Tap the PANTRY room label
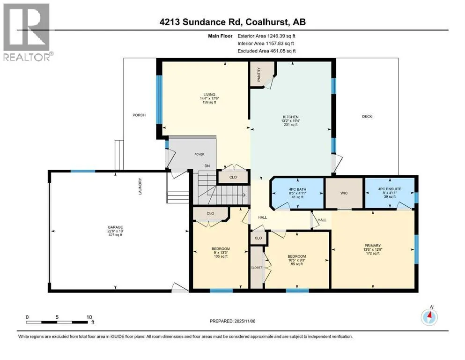[x=259, y=75]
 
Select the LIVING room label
[x=209, y=95]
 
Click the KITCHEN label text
[x=290, y=117]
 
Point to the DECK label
[x=367, y=117]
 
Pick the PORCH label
[x=139, y=115]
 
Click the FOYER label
[x=199, y=154]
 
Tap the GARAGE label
[x=115, y=227]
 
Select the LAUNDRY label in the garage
[x=140, y=187]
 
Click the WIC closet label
[x=344, y=193]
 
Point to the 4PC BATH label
[x=298, y=189]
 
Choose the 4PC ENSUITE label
[x=390, y=189]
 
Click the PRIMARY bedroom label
[x=372, y=246]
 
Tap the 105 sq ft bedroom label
[x=221, y=249]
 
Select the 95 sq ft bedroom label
[x=297, y=256]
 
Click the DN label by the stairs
[x=207, y=166]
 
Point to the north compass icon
[x=429, y=317]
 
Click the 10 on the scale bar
[x=89, y=317]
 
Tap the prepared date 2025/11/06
[x=245, y=321]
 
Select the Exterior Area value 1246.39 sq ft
[x=281, y=36]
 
